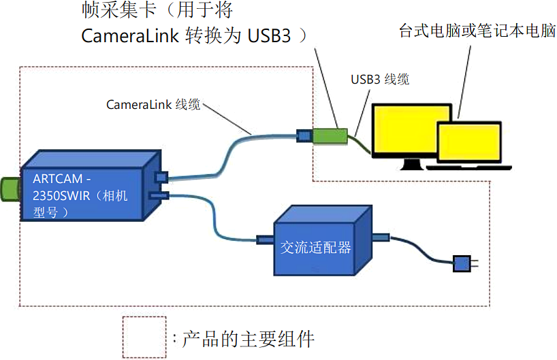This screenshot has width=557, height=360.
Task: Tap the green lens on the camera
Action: (10, 189)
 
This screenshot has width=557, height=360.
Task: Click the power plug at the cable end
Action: (463, 263)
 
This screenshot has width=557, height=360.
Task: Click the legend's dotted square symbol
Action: (144, 336)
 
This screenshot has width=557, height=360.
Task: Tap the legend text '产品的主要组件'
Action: (249, 338)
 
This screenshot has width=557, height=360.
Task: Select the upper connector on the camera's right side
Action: (161, 177)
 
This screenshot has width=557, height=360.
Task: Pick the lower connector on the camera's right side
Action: (158, 196)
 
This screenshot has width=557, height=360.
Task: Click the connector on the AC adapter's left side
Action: (264, 240)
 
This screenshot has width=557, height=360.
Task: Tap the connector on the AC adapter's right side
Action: (380, 237)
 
